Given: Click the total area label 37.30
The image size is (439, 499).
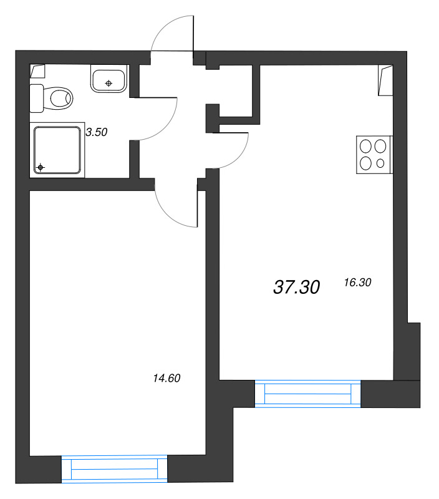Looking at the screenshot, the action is (296, 287).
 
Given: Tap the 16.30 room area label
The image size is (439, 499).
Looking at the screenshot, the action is (357, 283).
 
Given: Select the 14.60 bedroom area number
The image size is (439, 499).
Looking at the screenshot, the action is (166, 378).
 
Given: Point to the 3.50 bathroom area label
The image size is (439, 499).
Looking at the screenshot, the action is (97, 132).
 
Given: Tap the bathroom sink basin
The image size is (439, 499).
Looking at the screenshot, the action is (109, 81).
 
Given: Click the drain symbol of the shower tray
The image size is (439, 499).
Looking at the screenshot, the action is (41, 167).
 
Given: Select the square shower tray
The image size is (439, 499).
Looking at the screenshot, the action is (57, 150).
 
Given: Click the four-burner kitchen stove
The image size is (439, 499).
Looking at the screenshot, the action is (374, 155).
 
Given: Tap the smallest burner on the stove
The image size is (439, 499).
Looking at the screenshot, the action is (380, 163).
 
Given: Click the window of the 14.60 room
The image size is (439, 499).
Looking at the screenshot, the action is (114, 468).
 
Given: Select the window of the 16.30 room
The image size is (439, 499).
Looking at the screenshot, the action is (307, 394).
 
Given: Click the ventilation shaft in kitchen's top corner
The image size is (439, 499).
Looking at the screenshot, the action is (385, 80).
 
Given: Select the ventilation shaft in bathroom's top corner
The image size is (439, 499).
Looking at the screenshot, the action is (37, 71).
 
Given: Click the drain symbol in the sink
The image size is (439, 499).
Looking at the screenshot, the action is (109, 84).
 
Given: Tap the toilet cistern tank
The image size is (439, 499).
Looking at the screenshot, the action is (37, 99).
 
